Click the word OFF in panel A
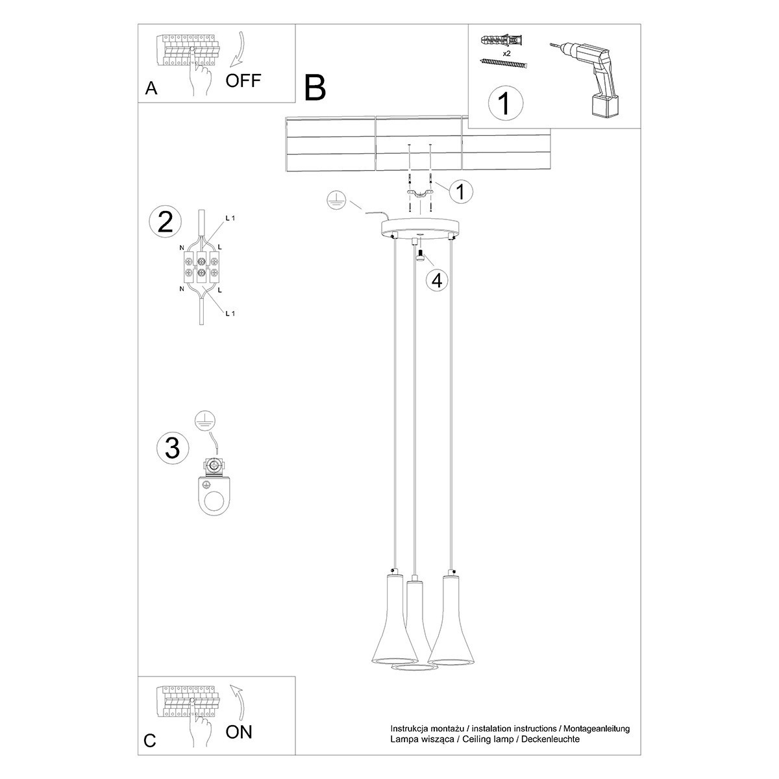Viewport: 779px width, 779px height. point(243,80)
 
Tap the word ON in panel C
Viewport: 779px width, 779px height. point(238,732)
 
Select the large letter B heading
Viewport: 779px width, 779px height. point(315,88)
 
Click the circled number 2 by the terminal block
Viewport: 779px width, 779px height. point(166,222)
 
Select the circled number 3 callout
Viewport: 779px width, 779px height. point(173,448)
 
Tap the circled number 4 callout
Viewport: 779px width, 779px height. point(436,280)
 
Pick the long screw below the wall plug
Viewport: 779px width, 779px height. point(503,62)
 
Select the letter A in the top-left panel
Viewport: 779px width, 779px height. point(151,89)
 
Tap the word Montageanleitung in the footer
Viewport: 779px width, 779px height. point(597,729)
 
